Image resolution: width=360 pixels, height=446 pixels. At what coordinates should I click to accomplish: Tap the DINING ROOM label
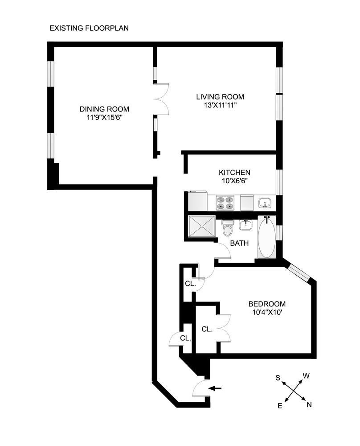tap(104, 109)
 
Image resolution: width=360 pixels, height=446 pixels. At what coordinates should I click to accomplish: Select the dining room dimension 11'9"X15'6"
tap(104, 117)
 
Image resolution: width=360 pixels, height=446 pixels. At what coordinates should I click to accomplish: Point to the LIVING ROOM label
tap(220, 97)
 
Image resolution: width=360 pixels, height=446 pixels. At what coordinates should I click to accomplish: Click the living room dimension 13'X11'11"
tap(220, 105)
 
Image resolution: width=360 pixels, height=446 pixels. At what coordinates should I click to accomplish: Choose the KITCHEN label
tap(234, 173)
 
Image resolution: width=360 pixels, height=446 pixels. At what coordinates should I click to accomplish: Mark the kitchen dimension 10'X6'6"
tap(234, 181)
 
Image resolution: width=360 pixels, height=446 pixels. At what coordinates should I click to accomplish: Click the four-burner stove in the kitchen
tap(225, 203)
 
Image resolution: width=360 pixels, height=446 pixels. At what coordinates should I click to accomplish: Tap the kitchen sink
tap(265, 203)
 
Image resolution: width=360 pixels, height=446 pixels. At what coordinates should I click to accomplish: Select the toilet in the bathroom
tap(228, 228)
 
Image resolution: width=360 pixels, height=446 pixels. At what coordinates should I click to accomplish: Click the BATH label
tap(239, 243)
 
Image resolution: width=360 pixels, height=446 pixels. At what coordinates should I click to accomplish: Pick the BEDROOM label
tap(267, 304)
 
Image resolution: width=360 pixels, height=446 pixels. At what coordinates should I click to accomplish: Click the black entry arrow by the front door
tap(215, 388)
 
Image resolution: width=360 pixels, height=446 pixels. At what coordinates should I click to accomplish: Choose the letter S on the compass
tap(278, 378)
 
